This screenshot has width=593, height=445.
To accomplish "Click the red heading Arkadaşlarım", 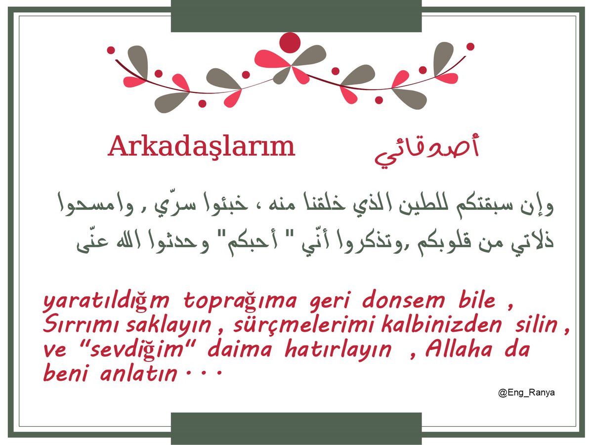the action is [201, 147].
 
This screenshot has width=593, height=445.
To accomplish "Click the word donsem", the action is [403, 300].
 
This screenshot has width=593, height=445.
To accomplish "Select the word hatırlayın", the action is [338, 350].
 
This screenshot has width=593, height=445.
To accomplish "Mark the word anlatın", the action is [138, 373].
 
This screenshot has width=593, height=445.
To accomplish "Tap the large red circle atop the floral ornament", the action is [290, 43].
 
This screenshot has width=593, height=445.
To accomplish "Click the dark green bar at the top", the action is [296, 16].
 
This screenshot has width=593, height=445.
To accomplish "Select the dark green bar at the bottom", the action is [296, 428].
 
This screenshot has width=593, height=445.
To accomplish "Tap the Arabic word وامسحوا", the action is [96, 205].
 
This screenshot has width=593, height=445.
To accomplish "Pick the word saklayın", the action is [169, 325].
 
